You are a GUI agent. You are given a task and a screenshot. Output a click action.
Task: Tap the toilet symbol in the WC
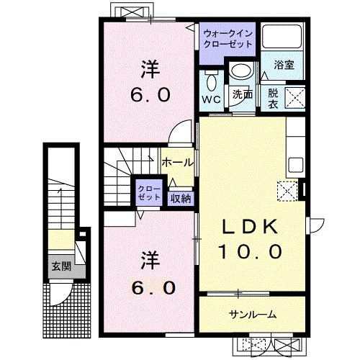(211, 81)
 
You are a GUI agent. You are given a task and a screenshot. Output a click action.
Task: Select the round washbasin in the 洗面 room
(240, 71)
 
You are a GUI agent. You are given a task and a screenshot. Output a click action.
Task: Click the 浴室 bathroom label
(283, 65)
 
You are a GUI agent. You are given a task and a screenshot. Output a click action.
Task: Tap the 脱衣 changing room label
(274, 97)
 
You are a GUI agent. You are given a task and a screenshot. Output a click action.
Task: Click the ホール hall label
(176, 163)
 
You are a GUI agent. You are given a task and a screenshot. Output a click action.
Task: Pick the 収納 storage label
(181, 198)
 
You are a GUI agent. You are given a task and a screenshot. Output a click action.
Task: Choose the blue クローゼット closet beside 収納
(150, 192)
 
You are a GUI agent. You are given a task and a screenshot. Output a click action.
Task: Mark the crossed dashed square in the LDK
(287, 191)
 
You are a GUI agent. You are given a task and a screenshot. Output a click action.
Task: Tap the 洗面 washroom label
(241, 94)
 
